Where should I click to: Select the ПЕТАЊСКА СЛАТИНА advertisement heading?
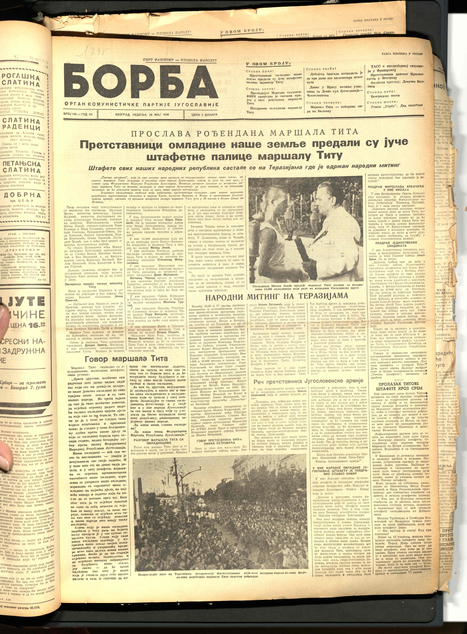(x=22, y=167)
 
